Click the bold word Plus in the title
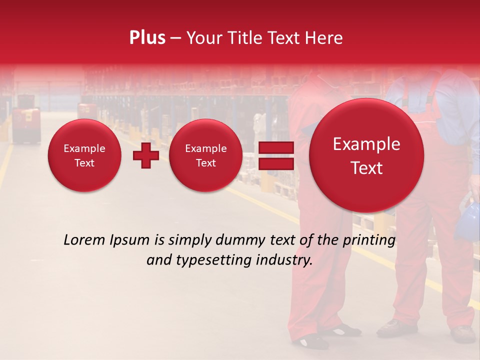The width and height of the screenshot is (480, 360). coord(147,38)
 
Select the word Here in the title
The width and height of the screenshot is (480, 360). coord(324,38)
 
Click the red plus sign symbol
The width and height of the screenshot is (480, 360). coord(145,155)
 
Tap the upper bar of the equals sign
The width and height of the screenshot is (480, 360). coord(275,147)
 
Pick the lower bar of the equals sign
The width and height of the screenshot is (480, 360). coord(275,164)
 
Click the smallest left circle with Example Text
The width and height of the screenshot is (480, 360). coord(84,155)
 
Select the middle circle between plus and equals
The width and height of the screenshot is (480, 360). coord(205,155)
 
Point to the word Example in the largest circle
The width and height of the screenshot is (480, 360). coord(366,144)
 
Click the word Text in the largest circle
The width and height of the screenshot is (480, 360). coord(366,168)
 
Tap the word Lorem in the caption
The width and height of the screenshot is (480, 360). coord(84,240)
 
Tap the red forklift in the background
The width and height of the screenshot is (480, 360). coord(26,125)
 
